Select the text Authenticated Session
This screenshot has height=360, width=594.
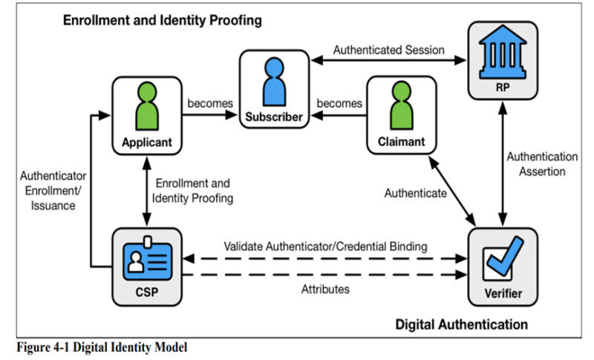[388, 50]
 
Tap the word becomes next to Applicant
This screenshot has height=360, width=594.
[211, 103]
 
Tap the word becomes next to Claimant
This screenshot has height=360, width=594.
[339, 103]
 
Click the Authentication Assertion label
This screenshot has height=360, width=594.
[543, 164]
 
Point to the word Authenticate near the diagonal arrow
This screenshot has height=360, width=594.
[415, 193]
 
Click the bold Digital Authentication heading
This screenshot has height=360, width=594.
[461, 324]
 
